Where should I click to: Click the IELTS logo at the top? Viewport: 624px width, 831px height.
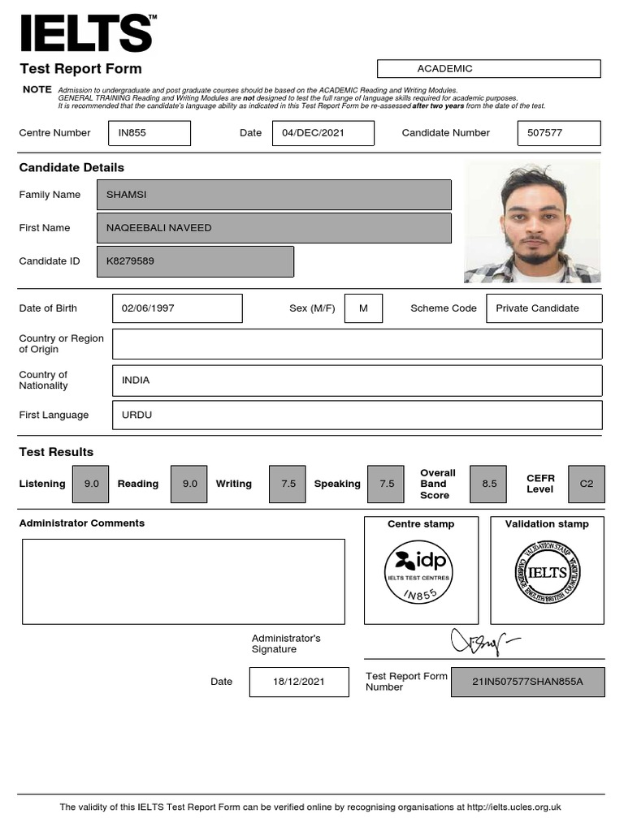click(86, 33)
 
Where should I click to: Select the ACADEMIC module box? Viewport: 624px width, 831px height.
click(488, 69)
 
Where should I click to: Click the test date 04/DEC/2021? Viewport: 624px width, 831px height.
click(323, 133)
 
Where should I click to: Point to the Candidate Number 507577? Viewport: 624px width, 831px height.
click(558, 133)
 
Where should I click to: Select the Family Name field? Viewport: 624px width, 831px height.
click(273, 195)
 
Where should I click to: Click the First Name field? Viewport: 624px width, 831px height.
click(273, 228)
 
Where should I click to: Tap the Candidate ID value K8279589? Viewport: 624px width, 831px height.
click(194, 261)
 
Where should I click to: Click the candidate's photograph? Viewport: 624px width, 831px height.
click(531, 222)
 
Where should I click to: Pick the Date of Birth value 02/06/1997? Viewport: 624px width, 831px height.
click(176, 308)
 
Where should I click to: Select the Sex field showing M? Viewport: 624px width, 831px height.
click(363, 308)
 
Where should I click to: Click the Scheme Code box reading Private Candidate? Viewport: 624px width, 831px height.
click(544, 308)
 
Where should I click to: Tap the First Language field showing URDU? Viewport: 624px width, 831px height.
click(357, 415)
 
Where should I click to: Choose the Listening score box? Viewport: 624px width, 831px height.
click(91, 484)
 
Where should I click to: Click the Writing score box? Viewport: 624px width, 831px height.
click(288, 484)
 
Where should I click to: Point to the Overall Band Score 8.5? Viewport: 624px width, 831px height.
click(489, 484)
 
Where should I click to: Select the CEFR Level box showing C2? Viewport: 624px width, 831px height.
click(586, 484)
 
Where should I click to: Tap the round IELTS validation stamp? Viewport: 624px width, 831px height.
click(547, 572)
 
